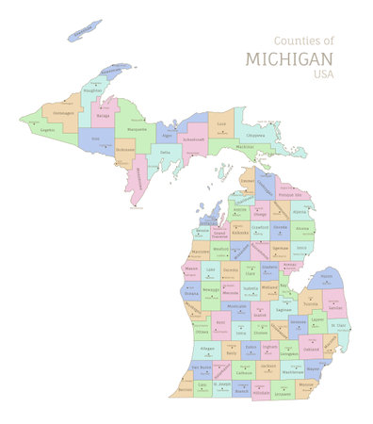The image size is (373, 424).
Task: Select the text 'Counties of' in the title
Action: [303, 41]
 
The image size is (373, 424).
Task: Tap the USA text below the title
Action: [323, 75]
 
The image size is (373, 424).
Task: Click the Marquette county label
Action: [137, 128]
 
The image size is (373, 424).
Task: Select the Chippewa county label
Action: [255, 135]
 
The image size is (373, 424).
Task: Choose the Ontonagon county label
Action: [63, 113]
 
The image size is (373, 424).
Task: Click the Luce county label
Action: [221, 123]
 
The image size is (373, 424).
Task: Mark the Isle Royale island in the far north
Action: [86, 31]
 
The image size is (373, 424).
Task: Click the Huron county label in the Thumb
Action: [326, 276]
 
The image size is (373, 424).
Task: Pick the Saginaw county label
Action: [283, 308]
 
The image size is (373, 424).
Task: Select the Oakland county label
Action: [311, 348]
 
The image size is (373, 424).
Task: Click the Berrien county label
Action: [186, 387]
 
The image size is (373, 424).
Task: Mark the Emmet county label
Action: [247, 180]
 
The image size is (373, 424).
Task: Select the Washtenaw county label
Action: [293, 371]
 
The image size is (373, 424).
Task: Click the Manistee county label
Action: [200, 252]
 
